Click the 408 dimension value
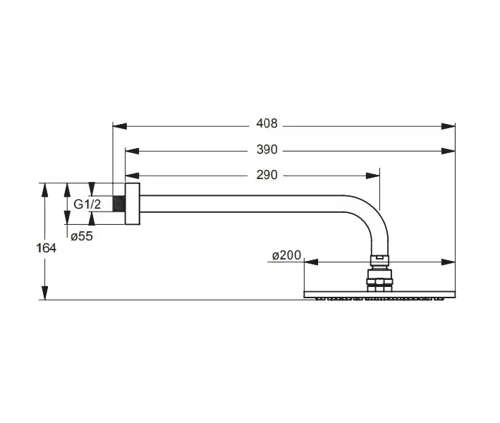[267, 125]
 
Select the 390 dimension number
[267, 149]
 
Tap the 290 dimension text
[267, 175]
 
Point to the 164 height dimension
[47, 247]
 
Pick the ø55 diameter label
[82, 236]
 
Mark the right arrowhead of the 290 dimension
[373, 176]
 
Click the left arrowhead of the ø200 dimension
[311, 262]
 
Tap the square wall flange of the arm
[132, 204]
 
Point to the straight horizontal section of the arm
[240, 203]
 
